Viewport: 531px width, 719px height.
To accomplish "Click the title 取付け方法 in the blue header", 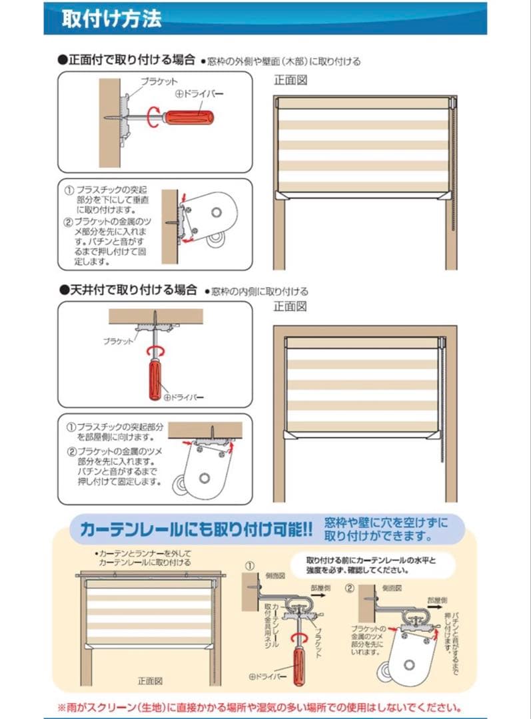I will click(x=111, y=18).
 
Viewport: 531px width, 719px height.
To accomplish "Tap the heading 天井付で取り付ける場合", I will click(x=128, y=290).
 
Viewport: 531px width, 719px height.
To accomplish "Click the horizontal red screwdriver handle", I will click(x=189, y=118).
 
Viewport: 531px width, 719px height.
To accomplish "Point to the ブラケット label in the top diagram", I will click(x=159, y=81).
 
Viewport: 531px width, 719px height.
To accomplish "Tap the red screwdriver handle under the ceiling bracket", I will click(x=155, y=379).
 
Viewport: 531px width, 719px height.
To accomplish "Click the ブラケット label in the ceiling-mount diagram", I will click(x=118, y=340).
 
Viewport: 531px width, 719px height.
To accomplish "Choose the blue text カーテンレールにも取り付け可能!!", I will click(x=196, y=530).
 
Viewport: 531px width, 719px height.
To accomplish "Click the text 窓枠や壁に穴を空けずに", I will click(x=386, y=521).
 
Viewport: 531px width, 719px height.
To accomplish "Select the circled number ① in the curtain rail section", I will click(x=251, y=566).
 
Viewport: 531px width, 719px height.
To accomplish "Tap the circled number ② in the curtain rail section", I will click(x=350, y=588).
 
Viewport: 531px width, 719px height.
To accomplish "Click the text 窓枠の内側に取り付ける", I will click(x=259, y=292).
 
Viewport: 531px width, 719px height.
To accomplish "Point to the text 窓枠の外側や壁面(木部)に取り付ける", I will click(x=282, y=61).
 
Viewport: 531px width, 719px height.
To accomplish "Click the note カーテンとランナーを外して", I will click(x=146, y=553).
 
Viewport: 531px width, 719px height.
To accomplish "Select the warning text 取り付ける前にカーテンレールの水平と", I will click(x=371, y=560).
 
